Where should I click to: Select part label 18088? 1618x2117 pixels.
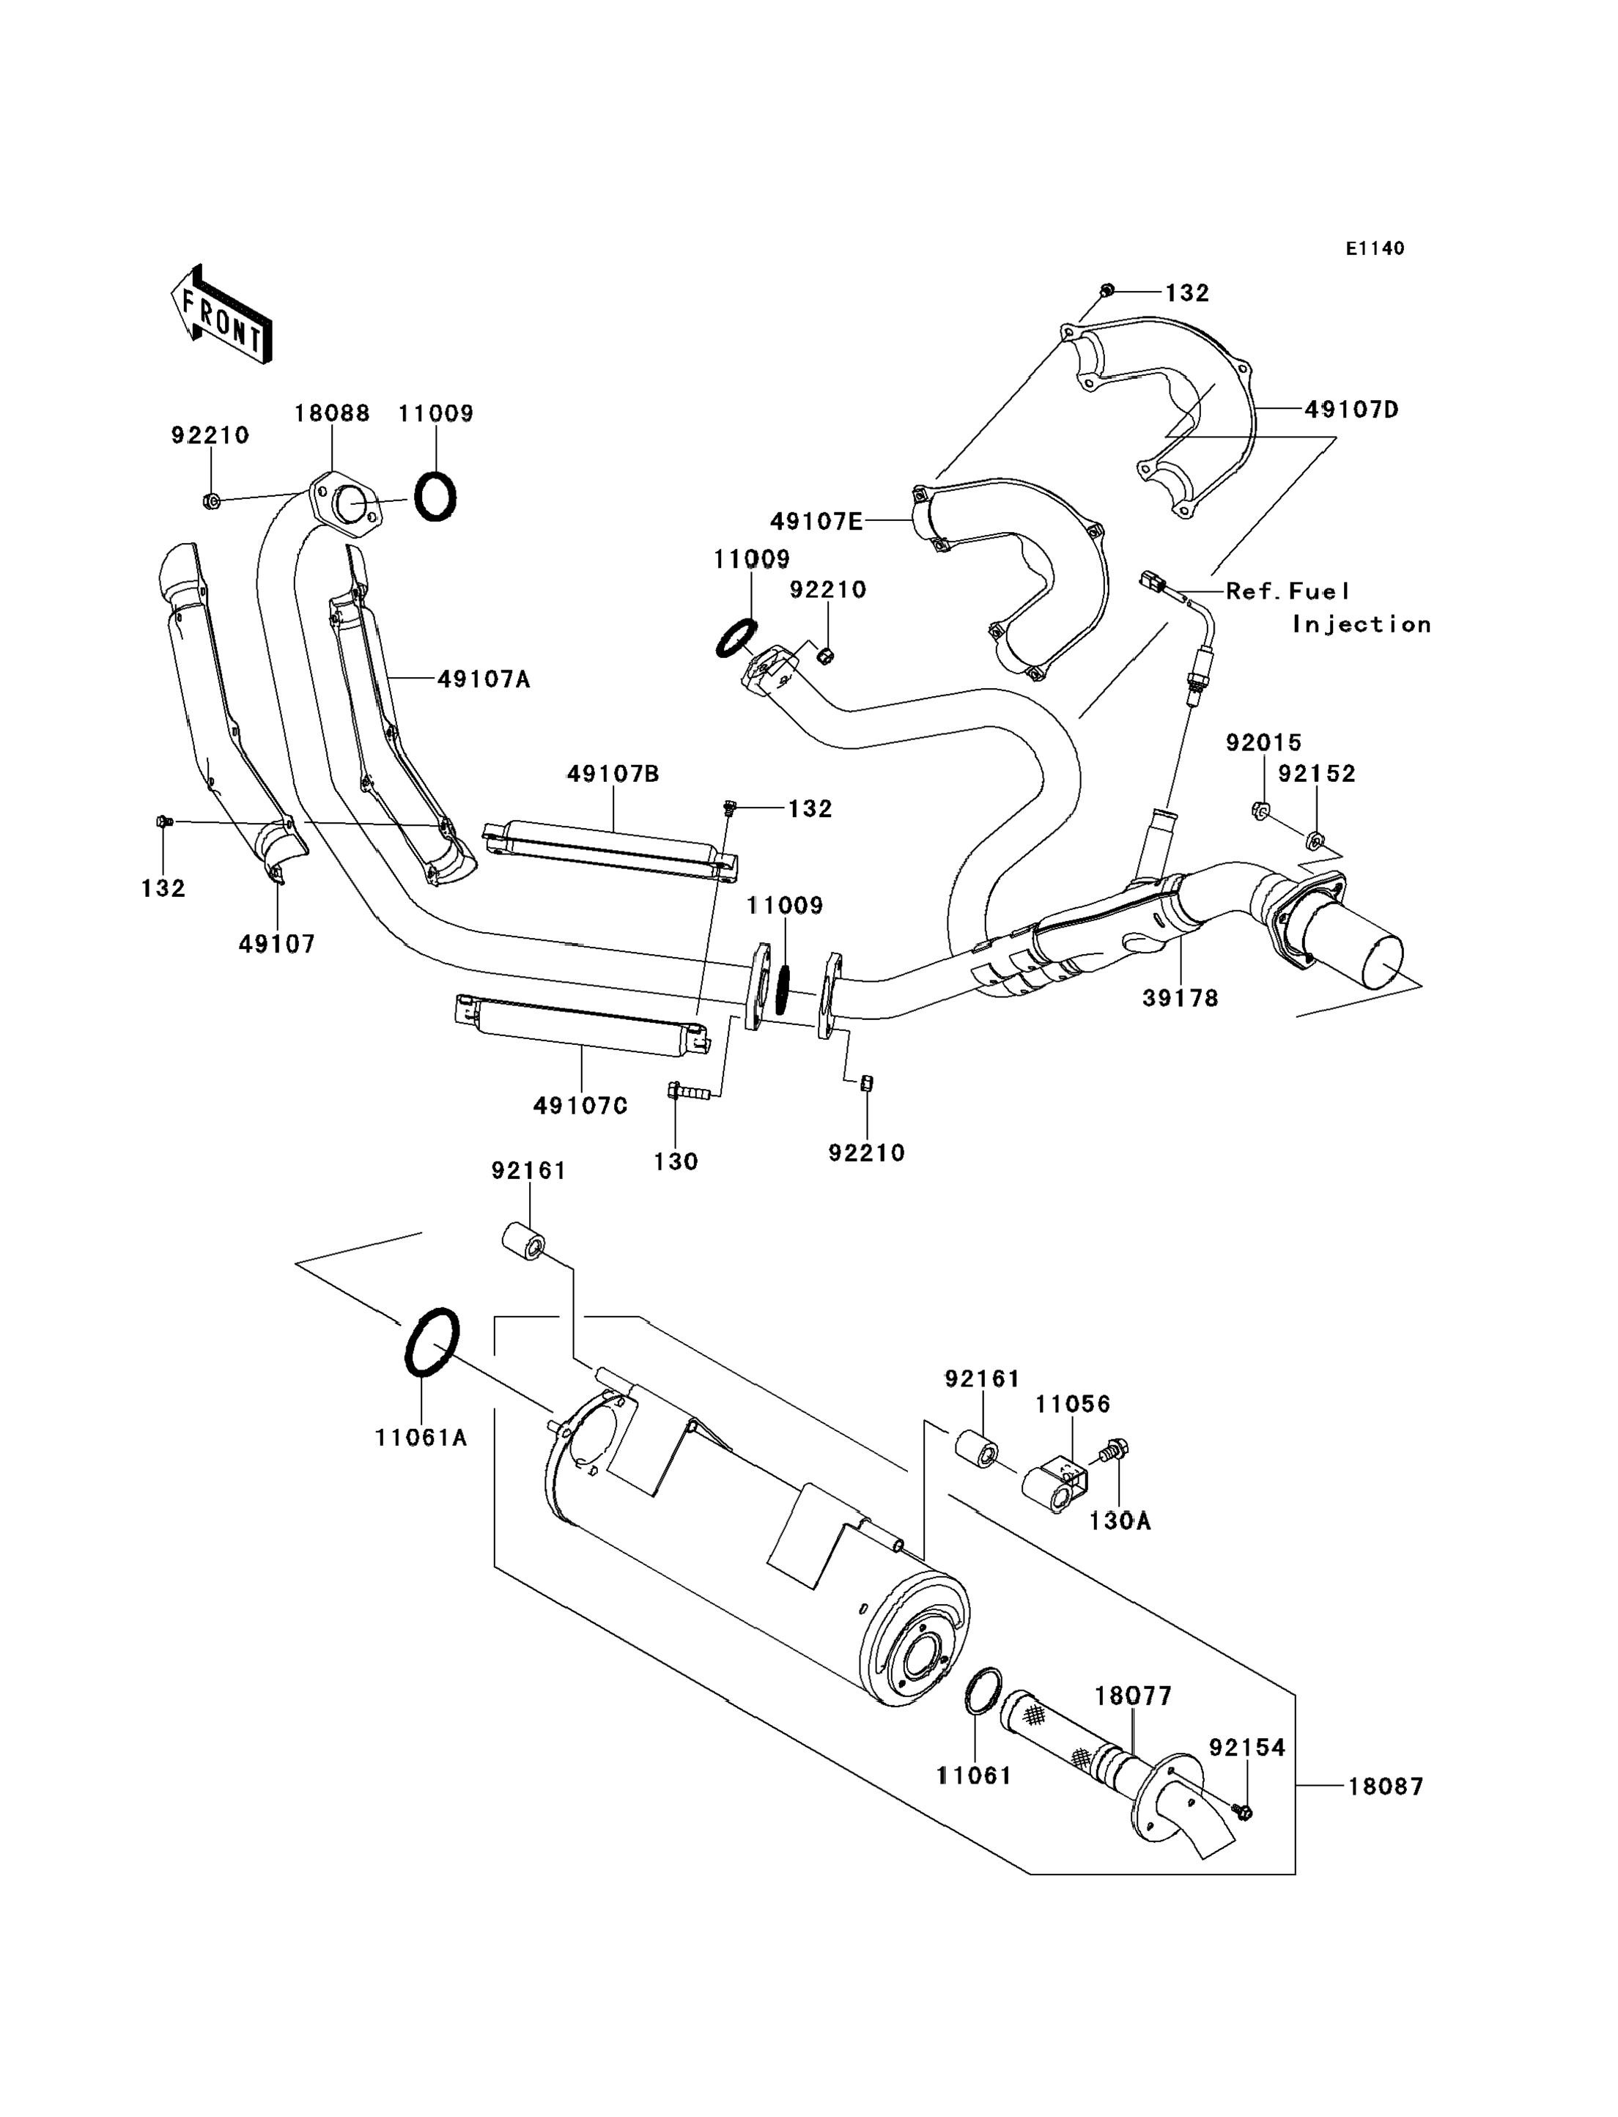tap(332, 413)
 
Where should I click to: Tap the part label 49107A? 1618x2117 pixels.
tap(484, 679)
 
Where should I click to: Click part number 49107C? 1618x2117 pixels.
tap(581, 1106)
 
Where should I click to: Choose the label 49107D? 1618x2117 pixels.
tap(1352, 410)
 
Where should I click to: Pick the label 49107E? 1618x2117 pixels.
tap(817, 521)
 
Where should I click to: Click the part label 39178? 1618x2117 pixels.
tap(1181, 998)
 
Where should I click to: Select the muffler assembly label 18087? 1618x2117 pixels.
tap(1385, 1786)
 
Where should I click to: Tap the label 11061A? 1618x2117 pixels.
tap(421, 1437)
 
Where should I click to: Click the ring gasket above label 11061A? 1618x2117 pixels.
tap(430, 1342)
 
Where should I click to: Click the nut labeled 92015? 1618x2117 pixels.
tap(1260, 810)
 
